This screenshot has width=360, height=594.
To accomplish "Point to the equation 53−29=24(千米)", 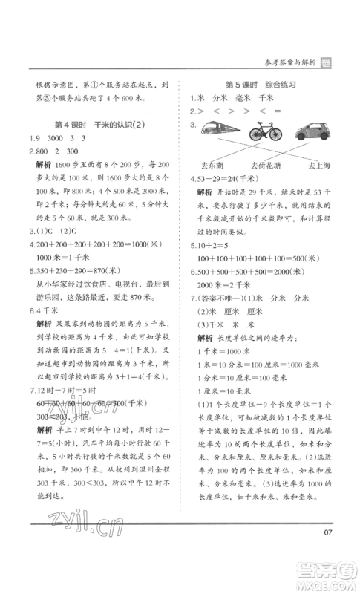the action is pos(229,179).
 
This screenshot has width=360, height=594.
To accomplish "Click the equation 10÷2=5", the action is pos(212,245).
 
